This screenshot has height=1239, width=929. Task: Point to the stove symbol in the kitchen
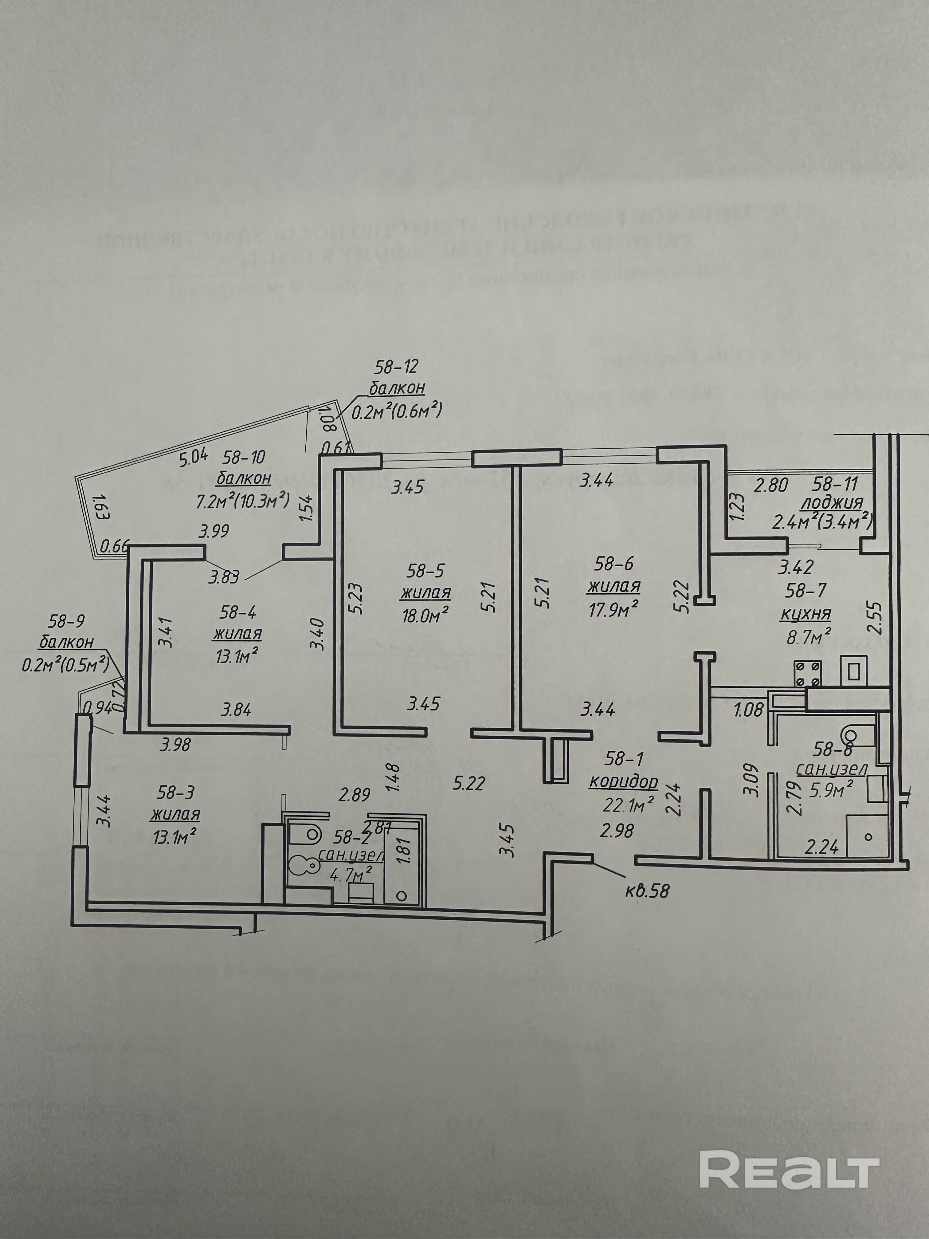[x=807, y=673]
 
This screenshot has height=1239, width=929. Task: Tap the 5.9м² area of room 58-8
[x=831, y=790]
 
